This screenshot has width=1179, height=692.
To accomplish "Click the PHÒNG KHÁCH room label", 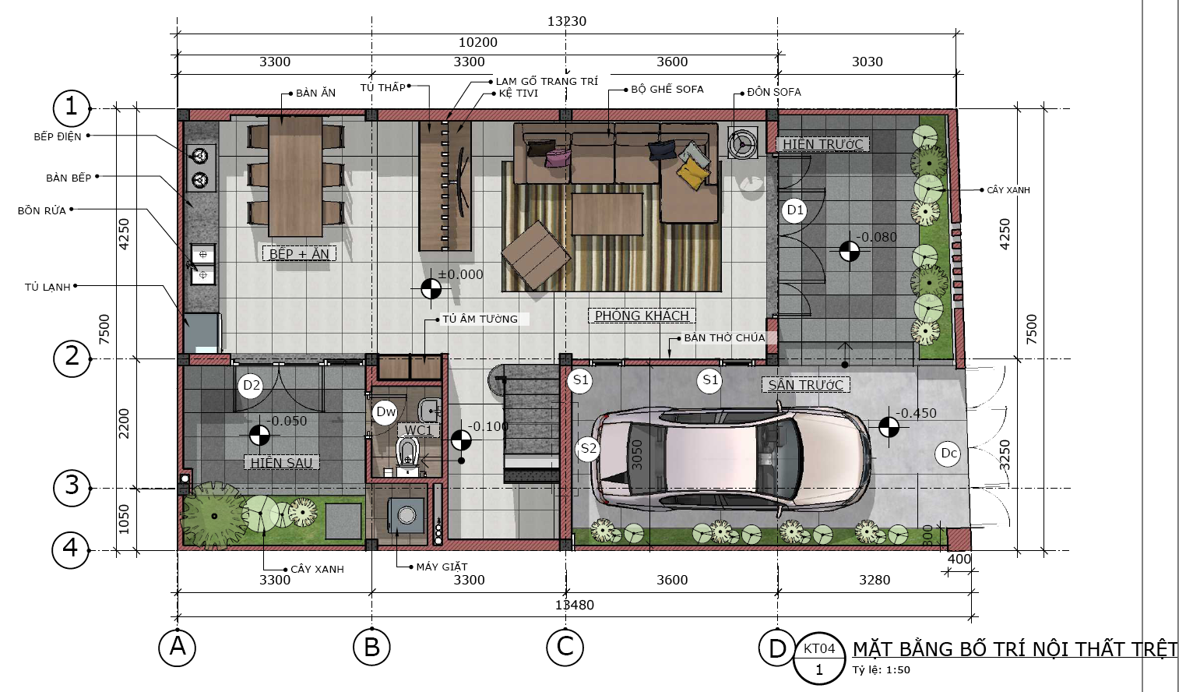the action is tap(642, 316).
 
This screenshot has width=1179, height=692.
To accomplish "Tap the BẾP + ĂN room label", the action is tap(299, 254).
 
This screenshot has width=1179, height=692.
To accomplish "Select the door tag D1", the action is tap(795, 210).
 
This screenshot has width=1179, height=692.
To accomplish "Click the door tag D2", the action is tap(251, 386).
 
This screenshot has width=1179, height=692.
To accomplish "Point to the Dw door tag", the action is tap(385, 411).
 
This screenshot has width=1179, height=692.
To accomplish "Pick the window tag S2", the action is tap(588, 449).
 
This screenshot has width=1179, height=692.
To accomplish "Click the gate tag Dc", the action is tap(948, 454).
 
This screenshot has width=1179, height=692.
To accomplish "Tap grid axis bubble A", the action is tap(178, 647).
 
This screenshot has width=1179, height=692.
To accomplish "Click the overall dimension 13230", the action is tap(567, 21).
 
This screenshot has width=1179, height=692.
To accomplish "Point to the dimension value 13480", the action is tap(574, 605).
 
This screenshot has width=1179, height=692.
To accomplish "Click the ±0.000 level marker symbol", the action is tap(431, 288).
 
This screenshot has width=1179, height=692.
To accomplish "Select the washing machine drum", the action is tap(406, 514).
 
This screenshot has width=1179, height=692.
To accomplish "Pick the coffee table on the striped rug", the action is tap(607, 214).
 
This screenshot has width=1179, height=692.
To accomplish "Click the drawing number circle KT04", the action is tap(819, 658).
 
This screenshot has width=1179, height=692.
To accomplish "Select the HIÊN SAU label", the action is tap(282, 463).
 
